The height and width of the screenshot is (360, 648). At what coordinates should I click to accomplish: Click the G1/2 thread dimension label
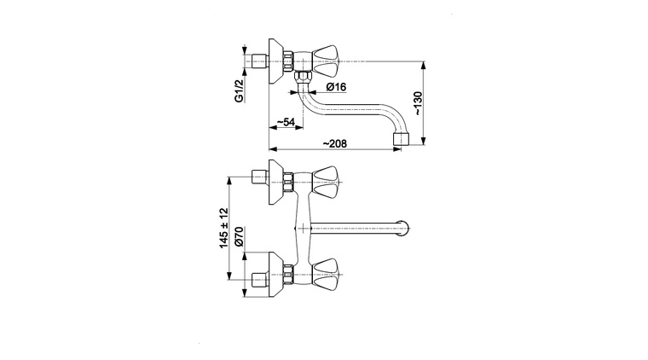pyautogui.click(x=239, y=90)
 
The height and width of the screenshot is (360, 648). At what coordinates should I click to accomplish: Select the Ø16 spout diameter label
pyautogui.click(x=336, y=87)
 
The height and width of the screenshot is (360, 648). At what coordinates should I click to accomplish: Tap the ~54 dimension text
pyautogui.click(x=285, y=122)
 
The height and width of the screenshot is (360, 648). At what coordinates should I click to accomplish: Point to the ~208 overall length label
pyautogui.click(x=334, y=143)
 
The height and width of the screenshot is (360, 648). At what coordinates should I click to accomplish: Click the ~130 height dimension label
pyautogui.click(x=418, y=103)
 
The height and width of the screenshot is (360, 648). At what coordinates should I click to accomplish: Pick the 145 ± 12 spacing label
pyautogui.click(x=223, y=228)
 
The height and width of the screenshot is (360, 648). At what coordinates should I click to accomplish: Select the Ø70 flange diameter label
pyautogui.click(x=239, y=237)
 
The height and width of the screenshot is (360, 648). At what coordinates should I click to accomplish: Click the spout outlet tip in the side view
pyautogui.click(x=401, y=139)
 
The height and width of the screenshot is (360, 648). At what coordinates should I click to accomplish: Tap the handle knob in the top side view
pyautogui.click(x=324, y=61)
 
